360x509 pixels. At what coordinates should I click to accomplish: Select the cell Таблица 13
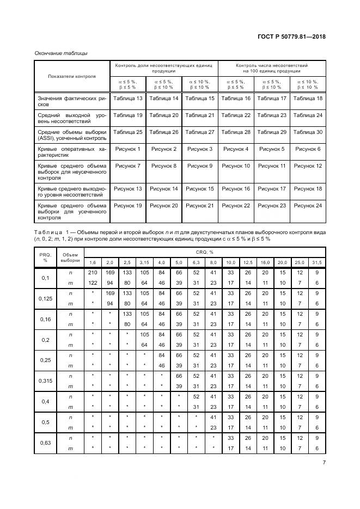127,99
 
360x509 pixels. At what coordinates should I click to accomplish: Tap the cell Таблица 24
308,115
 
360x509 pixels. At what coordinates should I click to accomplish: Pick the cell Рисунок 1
127,149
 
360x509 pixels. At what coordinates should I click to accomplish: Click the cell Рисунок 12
308,165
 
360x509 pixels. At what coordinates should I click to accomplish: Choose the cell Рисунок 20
164,205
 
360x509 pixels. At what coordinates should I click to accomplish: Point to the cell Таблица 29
272,132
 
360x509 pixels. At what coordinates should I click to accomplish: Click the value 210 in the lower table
92,272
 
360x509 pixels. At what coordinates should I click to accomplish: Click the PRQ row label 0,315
45,381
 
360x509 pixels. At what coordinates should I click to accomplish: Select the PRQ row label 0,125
45,298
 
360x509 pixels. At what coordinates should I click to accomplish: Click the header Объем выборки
70,257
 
